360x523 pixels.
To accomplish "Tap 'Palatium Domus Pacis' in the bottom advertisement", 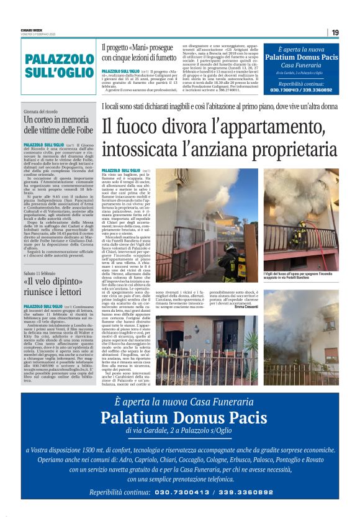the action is point(179,416).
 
